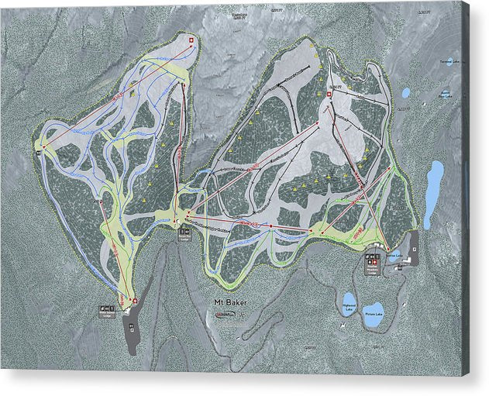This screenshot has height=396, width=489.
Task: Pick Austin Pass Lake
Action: pos(406,93)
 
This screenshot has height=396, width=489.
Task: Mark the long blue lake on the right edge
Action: pos(436,190)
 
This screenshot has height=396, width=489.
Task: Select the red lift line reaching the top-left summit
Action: pos(116,92)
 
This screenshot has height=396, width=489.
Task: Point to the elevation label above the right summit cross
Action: pos(335,86)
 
